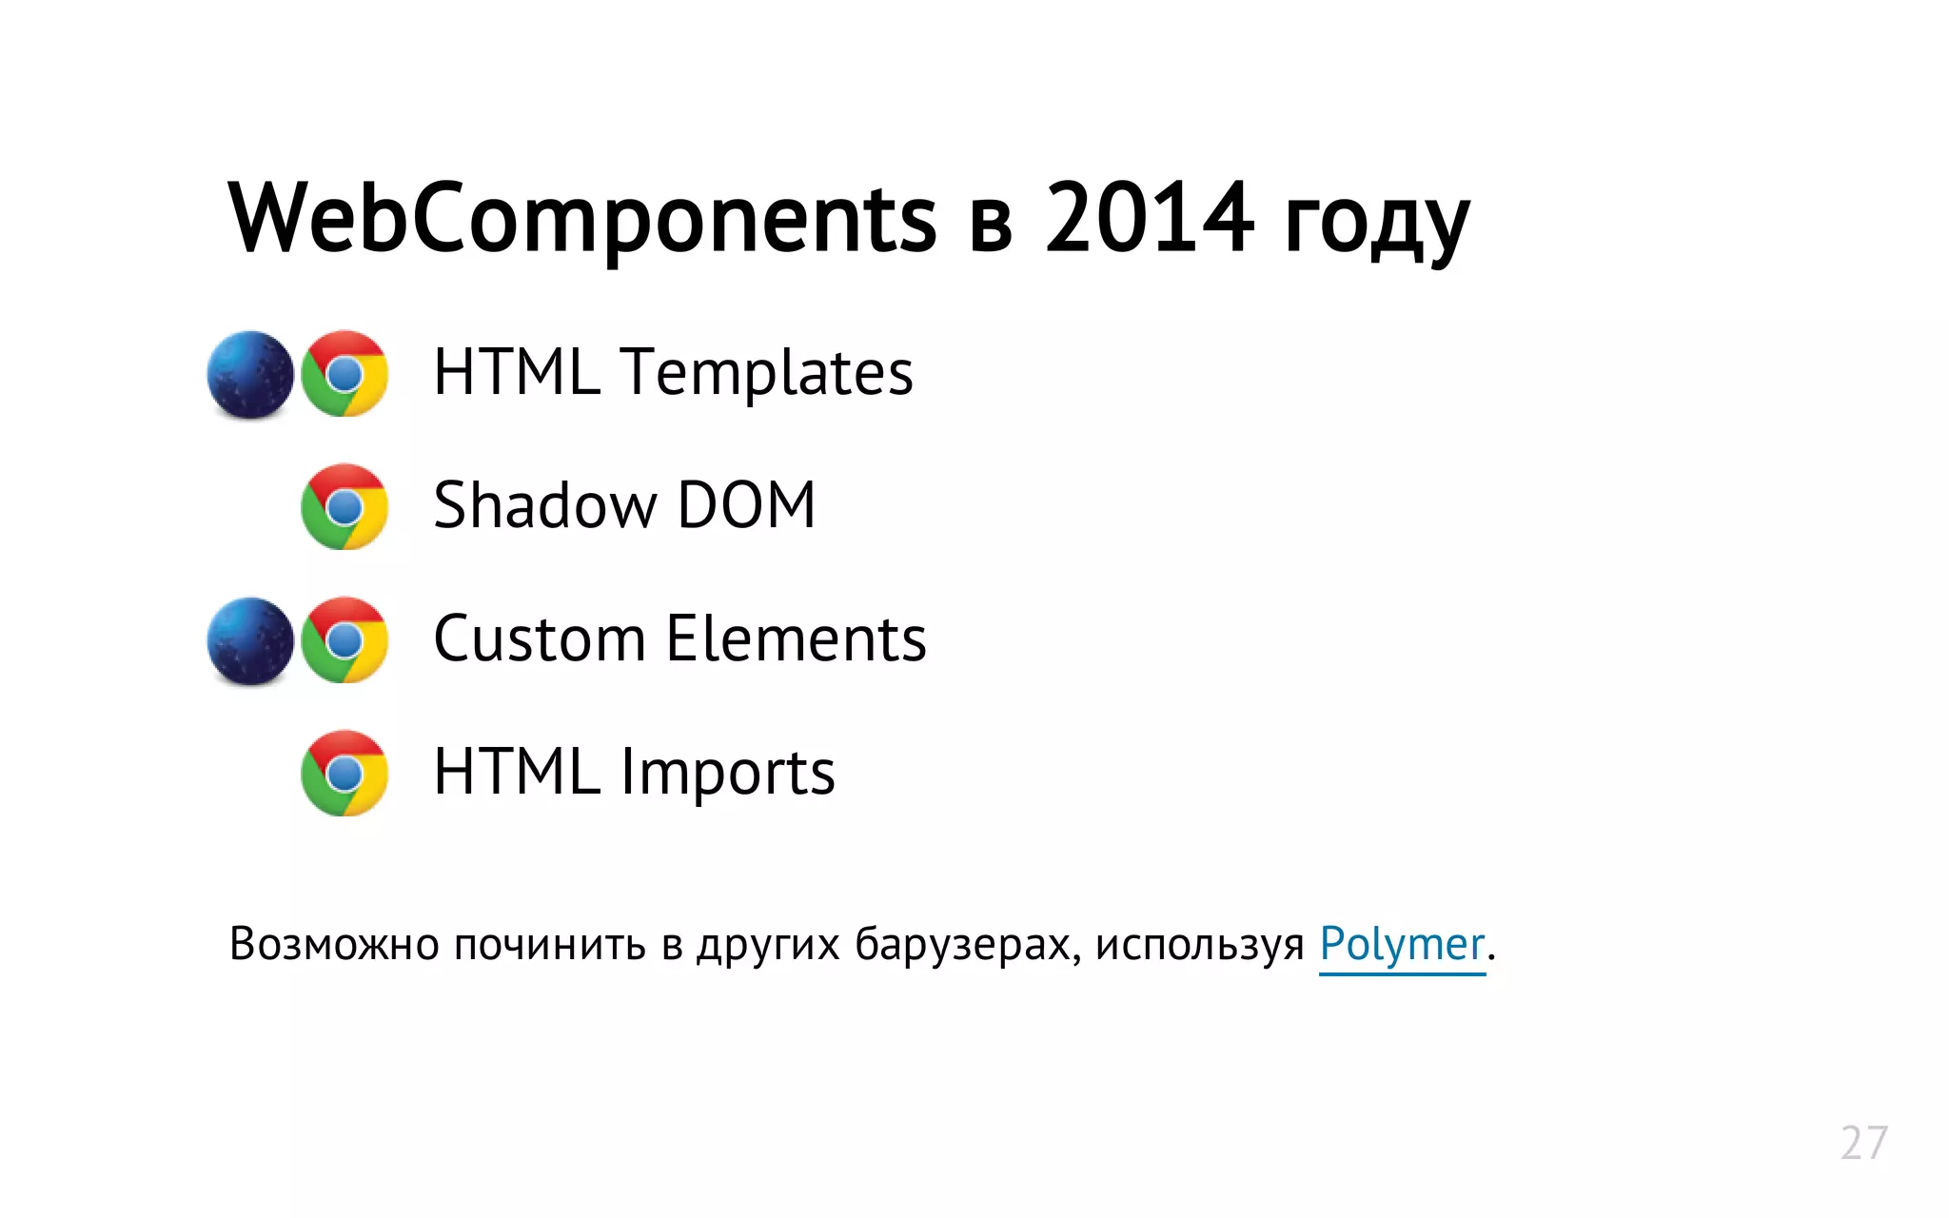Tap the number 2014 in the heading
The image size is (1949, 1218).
[x=1149, y=219]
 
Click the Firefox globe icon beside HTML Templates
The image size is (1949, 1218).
[x=250, y=374]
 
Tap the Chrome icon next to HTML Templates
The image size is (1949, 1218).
[x=345, y=374]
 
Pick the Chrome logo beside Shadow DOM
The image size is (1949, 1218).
[x=345, y=507]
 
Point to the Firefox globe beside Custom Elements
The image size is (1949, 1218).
[x=250, y=640]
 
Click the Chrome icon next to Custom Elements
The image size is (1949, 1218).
[x=345, y=640]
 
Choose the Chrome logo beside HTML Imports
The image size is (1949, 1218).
[x=345, y=774]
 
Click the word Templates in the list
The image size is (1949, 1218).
[x=766, y=372]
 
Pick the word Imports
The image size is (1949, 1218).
[x=728, y=773]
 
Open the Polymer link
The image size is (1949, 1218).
[x=1401, y=945]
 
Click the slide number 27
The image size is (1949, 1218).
[x=1863, y=1143]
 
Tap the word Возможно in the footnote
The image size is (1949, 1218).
[x=334, y=944]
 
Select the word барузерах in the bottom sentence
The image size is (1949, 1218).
[x=967, y=944]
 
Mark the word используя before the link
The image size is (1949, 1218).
[x=1199, y=944]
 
